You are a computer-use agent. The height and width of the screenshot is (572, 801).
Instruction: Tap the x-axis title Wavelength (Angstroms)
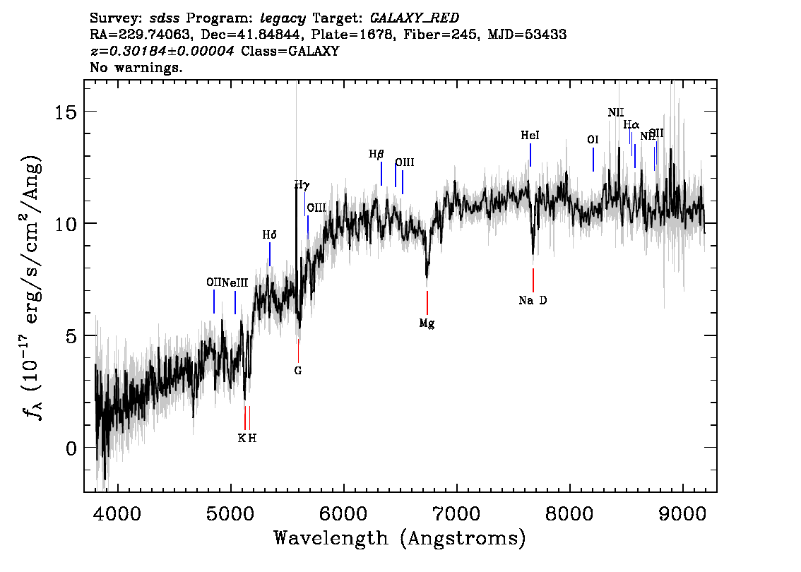coord(400,539)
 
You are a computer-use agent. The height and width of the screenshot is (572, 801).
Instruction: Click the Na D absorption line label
coord(533,301)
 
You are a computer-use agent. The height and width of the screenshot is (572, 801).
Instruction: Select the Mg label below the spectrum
coord(427,323)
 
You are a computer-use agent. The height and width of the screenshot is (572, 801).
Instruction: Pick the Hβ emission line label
coord(376,154)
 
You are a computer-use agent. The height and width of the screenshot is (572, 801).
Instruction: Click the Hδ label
coord(269,235)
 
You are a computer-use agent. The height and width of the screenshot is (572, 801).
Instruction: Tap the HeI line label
coord(530,135)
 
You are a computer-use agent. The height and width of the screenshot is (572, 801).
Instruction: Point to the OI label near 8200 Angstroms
coord(593,140)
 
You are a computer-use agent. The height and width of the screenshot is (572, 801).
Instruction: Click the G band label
coord(298,370)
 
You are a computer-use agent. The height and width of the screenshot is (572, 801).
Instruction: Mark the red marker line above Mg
coord(427,302)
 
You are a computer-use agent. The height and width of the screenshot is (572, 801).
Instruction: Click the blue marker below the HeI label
coord(530,155)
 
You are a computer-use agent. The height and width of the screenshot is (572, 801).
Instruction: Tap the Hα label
coord(631,125)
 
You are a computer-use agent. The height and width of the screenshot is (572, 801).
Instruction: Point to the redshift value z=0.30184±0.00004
coord(162,52)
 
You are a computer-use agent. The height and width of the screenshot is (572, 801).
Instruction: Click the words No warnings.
coord(136,68)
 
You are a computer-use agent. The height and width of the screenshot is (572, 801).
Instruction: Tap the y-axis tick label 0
coord(69,448)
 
